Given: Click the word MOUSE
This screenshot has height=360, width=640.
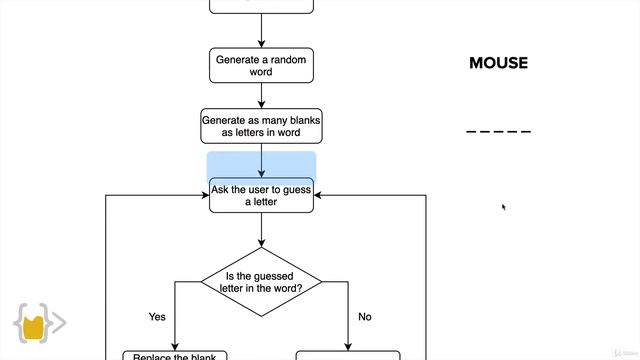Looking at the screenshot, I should pyautogui.click(x=498, y=63).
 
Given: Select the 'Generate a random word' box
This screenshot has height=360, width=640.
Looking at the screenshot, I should pyautogui.click(x=261, y=66).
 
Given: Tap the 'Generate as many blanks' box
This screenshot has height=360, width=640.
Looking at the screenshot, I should pyautogui.click(x=261, y=126).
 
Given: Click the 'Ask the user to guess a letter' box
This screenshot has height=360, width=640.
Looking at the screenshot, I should pyautogui.click(x=261, y=194).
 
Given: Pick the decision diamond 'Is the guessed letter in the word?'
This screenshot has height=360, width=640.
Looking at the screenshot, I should pyautogui.click(x=261, y=282).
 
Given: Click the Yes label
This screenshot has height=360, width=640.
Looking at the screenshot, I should pyautogui.click(x=157, y=317).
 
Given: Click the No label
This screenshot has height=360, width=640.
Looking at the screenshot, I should pyautogui.click(x=364, y=317).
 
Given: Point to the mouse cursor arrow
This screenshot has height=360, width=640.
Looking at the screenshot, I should pyautogui.click(x=503, y=206).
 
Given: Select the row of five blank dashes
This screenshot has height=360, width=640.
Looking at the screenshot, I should pyautogui.click(x=498, y=132).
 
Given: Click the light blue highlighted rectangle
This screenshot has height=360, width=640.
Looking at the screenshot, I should pyautogui.click(x=261, y=164).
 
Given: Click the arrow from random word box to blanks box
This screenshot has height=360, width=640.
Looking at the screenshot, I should pyautogui.click(x=261, y=96).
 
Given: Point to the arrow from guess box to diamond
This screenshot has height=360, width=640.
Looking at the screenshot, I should pyautogui.click(x=261, y=230).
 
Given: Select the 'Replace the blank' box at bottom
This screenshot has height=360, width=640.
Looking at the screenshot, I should pyautogui.click(x=174, y=355).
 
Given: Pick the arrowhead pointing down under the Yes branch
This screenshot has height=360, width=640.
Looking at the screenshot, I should pyautogui.click(x=174, y=346).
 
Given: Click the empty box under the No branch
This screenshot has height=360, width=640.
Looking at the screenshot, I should pyautogui.click(x=348, y=355).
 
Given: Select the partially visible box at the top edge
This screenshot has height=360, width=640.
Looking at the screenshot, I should pyautogui.click(x=261, y=6).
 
